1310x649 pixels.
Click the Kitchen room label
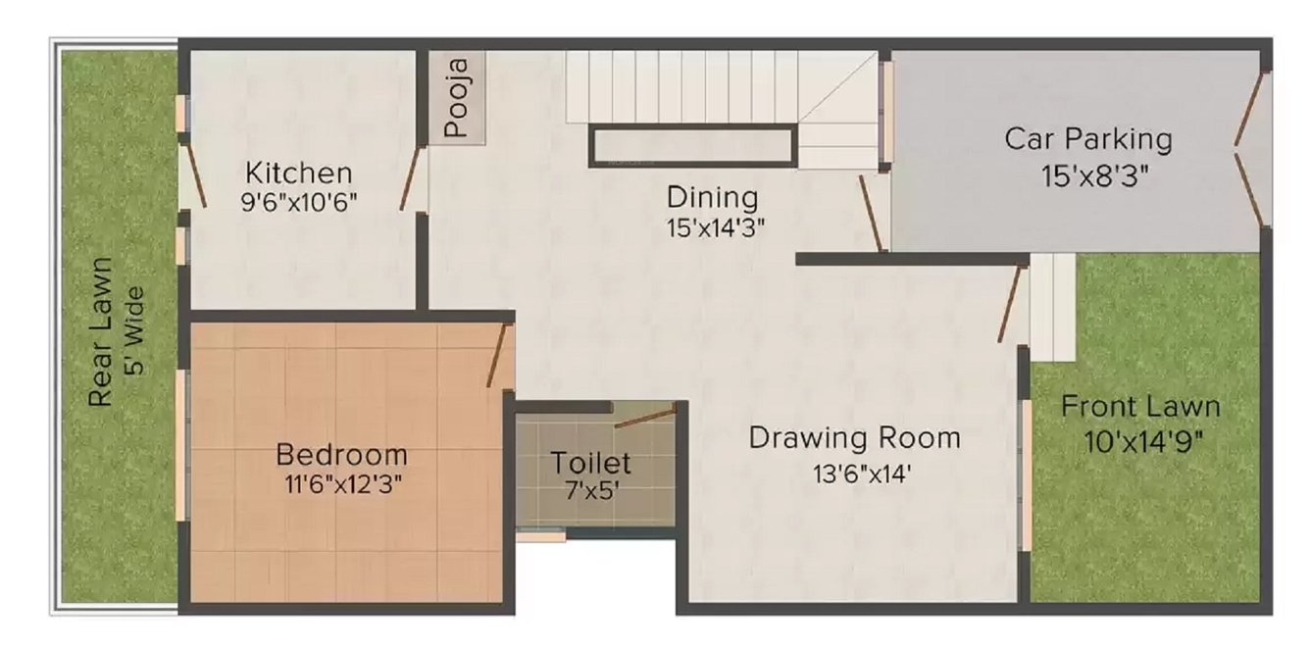tap(298, 175)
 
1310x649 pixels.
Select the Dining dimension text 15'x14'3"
tap(714, 227)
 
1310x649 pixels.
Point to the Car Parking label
tap(1087, 138)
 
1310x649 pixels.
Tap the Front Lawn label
tap(1140, 406)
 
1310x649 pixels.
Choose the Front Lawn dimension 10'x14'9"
tap(1143, 441)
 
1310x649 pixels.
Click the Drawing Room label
tap(854, 437)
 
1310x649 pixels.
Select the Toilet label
tap(590, 463)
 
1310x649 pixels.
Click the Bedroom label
tap(341, 455)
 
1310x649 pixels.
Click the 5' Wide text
tap(136, 330)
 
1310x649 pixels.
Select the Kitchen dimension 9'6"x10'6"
tap(299, 203)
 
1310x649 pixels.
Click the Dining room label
tap(713, 197)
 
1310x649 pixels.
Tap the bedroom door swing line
tap(498, 355)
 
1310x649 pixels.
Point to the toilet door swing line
tap(645, 416)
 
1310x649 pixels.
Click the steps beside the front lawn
tap(1052, 306)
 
